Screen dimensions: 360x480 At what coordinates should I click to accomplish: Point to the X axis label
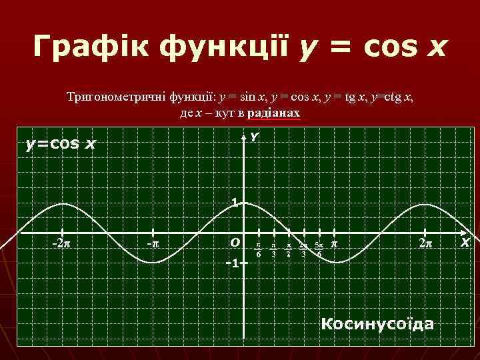pos(465,243)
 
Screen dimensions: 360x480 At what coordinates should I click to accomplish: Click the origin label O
pos(234,242)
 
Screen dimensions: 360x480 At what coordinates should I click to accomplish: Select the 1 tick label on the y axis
pos(235,203)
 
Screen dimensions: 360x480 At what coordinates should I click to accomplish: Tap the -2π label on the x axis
pos(63,243)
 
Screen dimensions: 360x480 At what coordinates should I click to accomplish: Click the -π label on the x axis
pos(153,243)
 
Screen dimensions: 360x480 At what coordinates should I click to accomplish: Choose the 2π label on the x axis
pos(425,243)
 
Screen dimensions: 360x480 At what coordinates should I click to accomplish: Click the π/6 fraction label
pos(259,249)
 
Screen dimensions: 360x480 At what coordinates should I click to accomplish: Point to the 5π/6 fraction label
pos(319,249)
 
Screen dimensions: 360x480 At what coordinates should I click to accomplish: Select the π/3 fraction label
pos(273,249)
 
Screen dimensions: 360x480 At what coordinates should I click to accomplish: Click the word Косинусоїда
pos(377,324)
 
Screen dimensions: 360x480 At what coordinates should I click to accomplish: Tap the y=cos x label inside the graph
pos(61,143)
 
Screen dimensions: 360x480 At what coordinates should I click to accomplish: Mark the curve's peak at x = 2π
pos(425,203)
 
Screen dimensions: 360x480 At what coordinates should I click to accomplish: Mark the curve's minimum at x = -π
pos(153,263)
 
